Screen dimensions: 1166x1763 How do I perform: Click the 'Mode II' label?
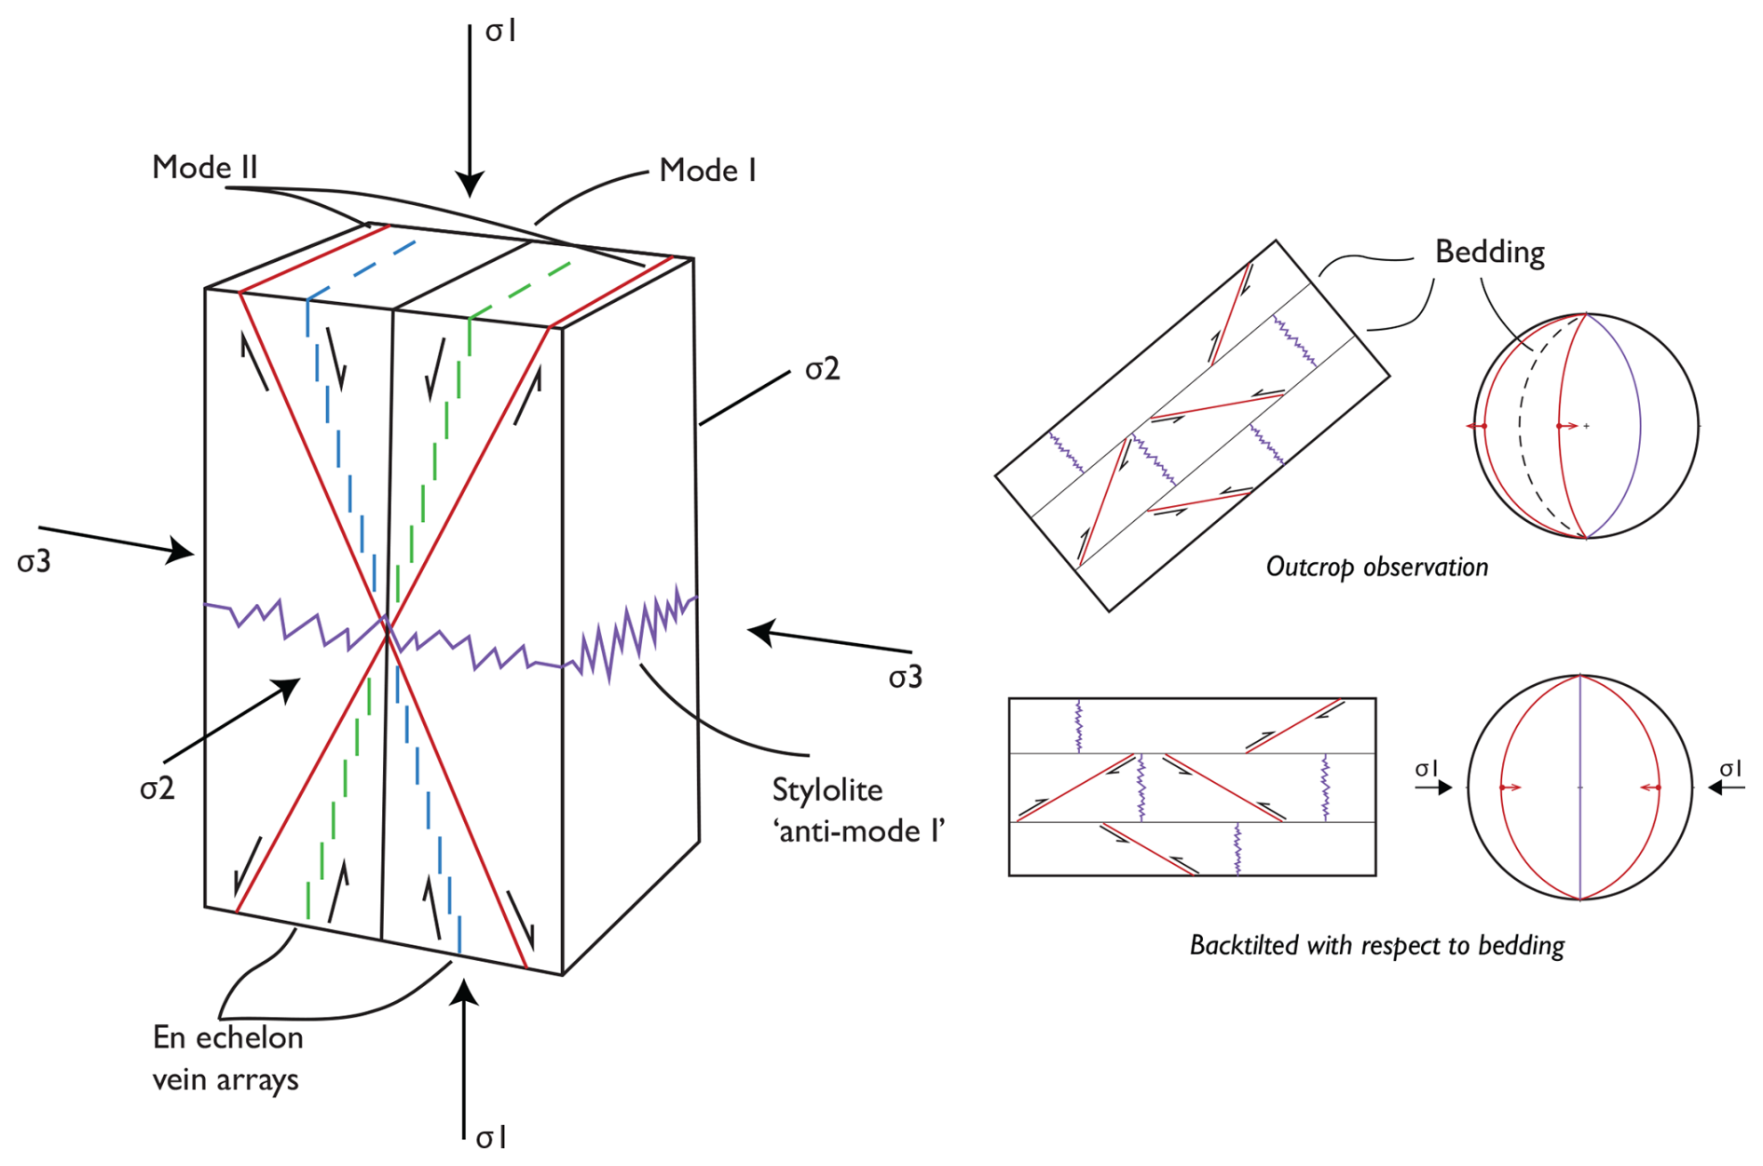(204, 168)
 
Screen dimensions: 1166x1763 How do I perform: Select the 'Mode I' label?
(707, 171)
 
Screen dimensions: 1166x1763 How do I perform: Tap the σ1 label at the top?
(500, 32)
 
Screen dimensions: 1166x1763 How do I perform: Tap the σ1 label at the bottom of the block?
(491, 1138)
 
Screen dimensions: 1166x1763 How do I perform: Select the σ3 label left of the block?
(34, 562)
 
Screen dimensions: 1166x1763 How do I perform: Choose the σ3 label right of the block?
(905, 678)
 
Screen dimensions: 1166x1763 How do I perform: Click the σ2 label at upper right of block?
(822, 370)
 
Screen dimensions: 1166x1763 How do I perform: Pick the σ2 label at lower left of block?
(157, 789)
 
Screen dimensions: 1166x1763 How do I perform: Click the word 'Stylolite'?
(827, 790)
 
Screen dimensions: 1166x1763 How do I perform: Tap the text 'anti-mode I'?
(858, 831)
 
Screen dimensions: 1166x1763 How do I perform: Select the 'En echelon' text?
(227, 1037)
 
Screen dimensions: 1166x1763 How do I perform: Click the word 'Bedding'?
(1489, 252)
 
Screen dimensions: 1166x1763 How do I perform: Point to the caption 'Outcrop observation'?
(1376, 567)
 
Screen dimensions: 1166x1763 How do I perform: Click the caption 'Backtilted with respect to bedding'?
(1376, 945)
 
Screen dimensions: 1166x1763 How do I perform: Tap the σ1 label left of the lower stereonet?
(1426, 769)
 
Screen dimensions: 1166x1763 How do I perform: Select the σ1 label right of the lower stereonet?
(1730, 769)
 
